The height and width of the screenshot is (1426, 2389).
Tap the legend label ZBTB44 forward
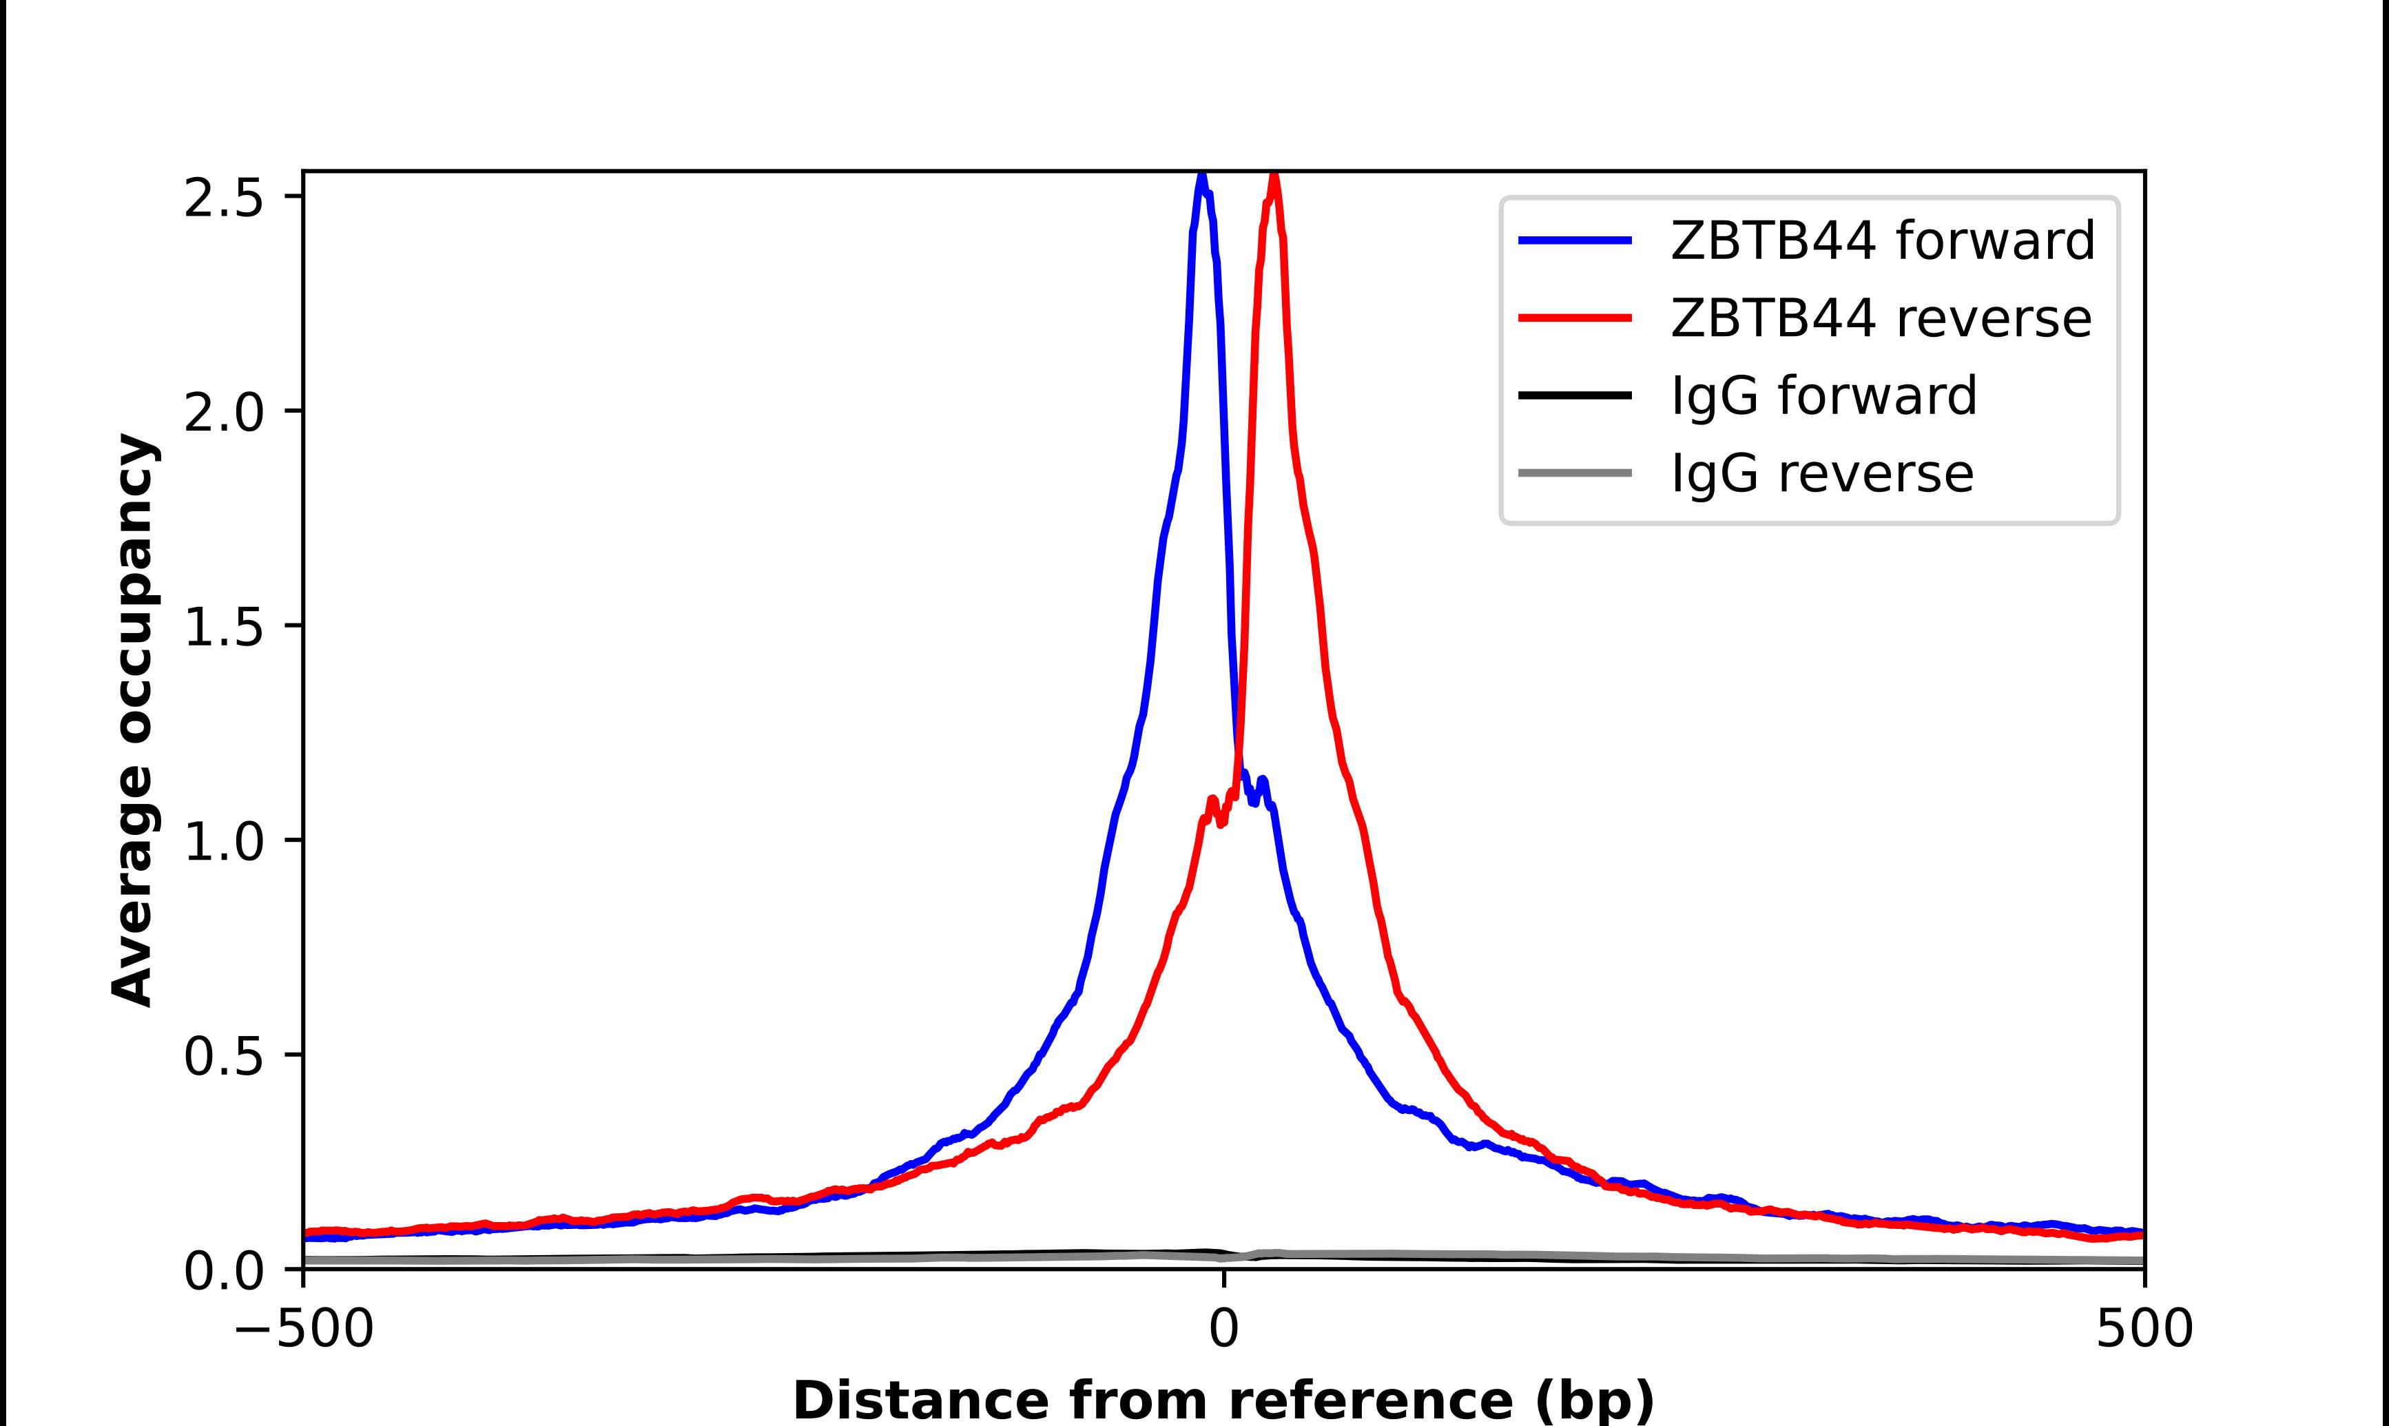coord(1882,240)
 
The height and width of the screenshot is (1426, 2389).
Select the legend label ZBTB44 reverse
coord(1880,318)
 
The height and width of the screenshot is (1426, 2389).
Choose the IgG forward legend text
coord(1823,395)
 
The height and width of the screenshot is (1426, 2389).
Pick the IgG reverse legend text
coord(1821,473)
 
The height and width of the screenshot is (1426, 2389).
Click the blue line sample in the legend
coord(1575,240)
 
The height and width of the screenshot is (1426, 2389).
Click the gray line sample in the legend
coord(1575,473)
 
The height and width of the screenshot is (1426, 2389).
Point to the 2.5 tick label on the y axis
coord(223,197)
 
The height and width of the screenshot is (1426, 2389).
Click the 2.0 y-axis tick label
coord(223,412)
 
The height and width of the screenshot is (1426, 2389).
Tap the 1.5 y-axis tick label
coord(223,626)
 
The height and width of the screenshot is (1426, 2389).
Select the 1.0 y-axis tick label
coord(223,841)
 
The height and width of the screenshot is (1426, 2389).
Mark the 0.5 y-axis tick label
coord(223,1055)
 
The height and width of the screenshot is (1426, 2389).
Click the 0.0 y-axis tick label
coord(223,1270)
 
